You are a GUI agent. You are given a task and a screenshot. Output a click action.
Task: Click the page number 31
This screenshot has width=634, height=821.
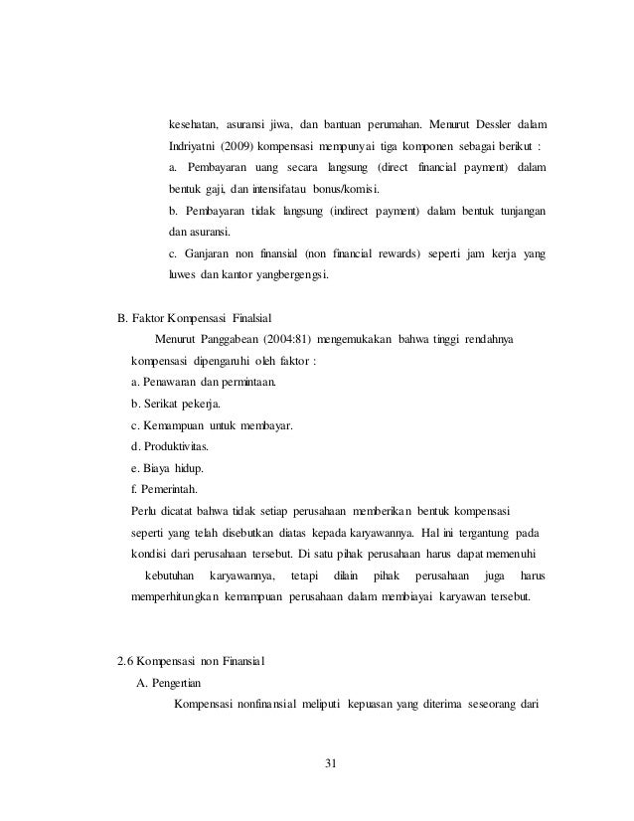click(332, 763)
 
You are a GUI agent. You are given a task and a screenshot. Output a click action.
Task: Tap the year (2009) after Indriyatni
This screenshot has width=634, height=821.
click(242, 146)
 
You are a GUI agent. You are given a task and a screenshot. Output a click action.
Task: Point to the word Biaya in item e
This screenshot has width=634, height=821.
click(162, 468)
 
